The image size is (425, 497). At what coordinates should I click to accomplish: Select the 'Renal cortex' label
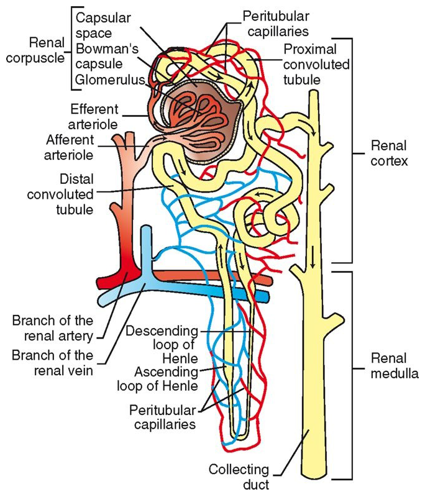388,154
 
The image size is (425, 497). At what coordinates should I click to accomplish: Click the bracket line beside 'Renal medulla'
353,373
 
